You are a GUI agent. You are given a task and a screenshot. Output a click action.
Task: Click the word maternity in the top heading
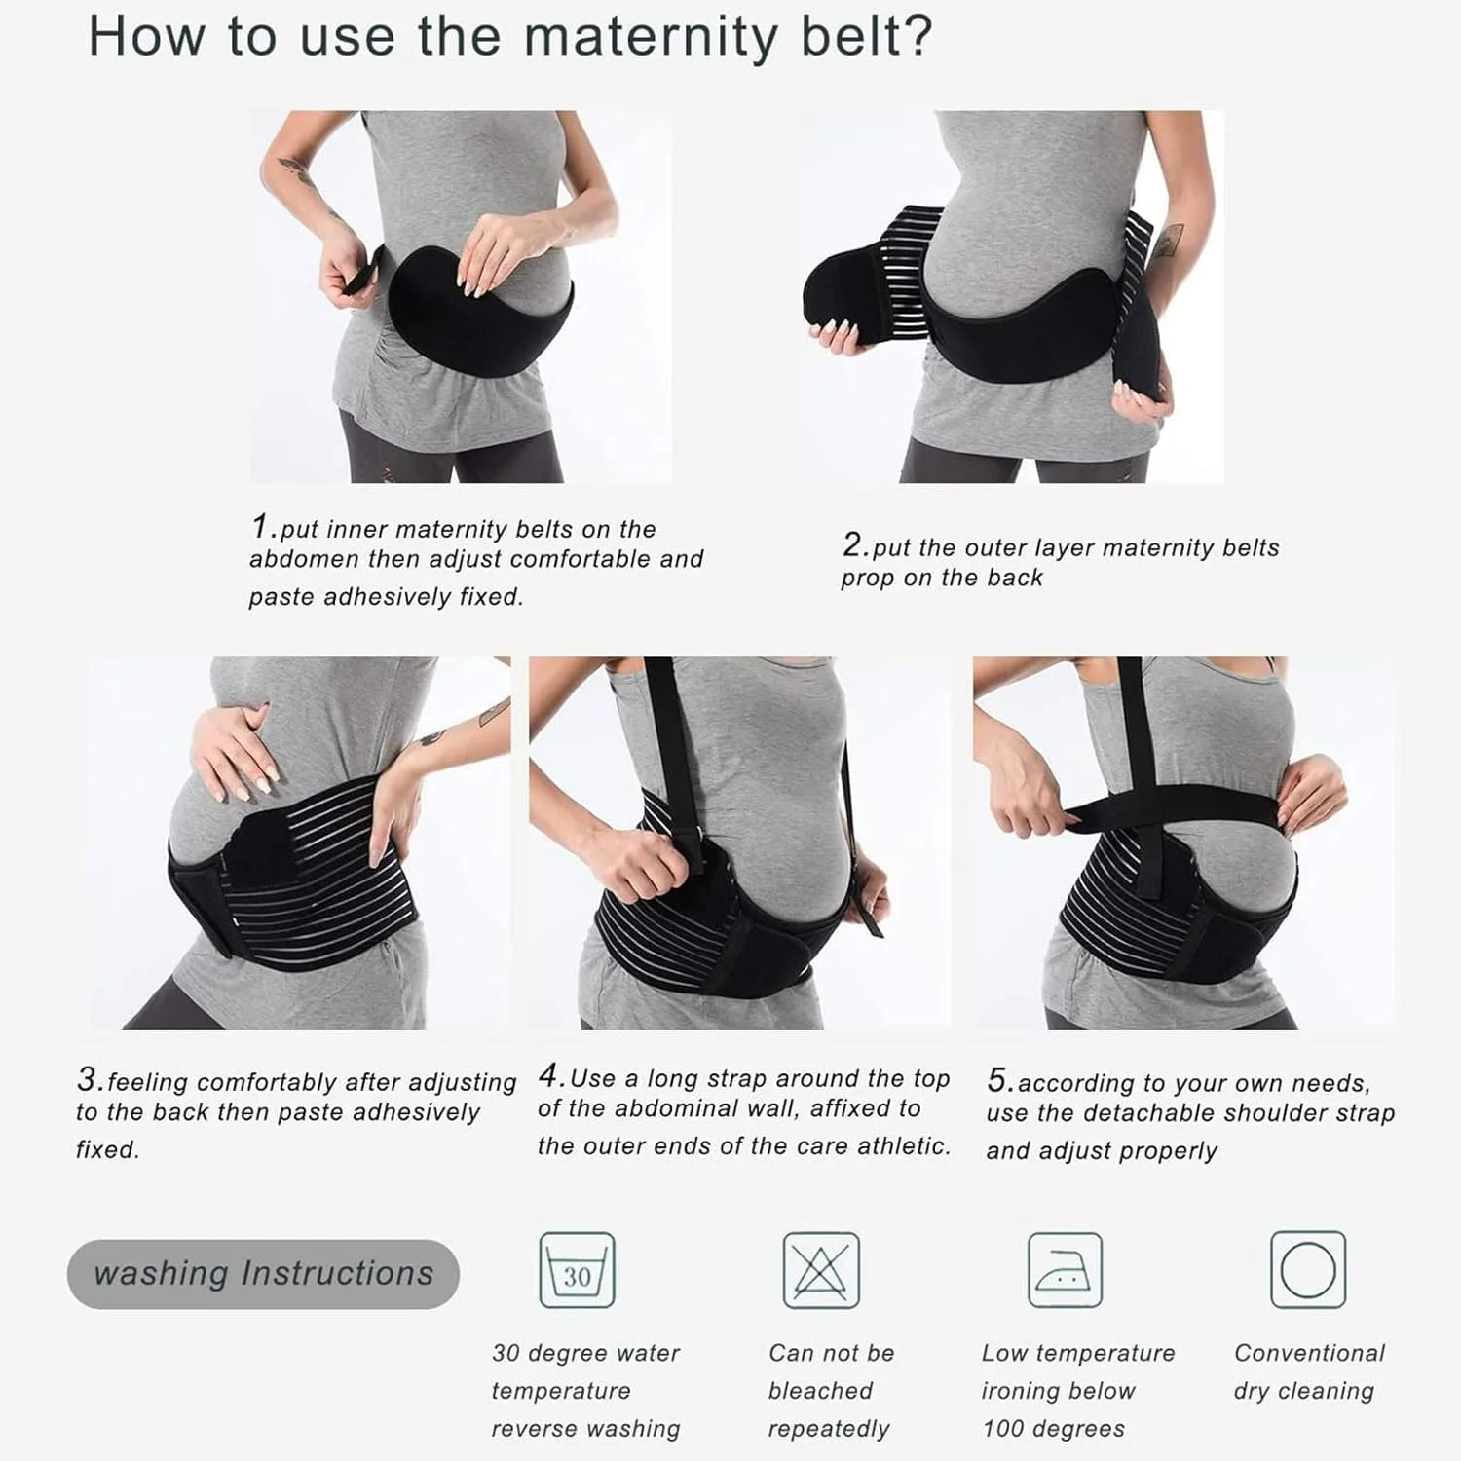click(651, 38)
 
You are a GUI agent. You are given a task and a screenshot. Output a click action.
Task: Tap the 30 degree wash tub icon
click(578, 1270)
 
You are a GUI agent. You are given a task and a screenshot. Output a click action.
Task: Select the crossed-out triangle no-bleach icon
click(821, 1270)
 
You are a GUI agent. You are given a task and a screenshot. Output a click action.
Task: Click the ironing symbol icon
click(1065, 1270)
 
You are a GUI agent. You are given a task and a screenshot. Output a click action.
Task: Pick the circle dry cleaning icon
click(1308, 1270)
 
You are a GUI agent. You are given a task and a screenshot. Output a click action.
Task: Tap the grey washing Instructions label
click(263, 1274)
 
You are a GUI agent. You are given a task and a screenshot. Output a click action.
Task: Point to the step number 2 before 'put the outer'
click(854, 544)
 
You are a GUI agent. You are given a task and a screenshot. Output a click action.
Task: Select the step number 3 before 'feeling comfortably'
click(89, 1079)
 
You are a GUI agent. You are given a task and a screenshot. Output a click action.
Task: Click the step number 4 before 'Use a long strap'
click(551, 1075)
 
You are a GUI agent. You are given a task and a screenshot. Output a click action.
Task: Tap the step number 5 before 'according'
click(998, 1080)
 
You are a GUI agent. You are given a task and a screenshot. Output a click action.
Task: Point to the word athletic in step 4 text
click(901, 1146)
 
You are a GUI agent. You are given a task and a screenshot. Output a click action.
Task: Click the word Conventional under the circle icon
click(1309, 1353)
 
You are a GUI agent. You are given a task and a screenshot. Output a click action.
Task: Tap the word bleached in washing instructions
click(820, 1391)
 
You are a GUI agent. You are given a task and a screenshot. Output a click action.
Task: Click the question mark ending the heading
click(918, 38)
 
